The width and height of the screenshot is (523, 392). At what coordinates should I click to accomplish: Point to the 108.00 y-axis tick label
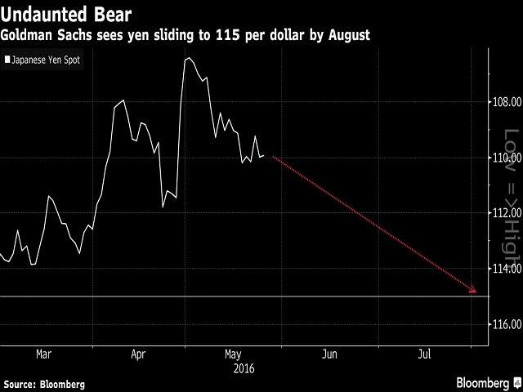tap(507, 103)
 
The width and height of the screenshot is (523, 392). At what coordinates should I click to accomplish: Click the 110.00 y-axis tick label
tap(507, 158)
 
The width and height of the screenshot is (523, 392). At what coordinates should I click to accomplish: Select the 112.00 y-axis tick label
tap(507, 214)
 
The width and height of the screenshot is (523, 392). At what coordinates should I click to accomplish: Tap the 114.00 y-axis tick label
tap(507, 269)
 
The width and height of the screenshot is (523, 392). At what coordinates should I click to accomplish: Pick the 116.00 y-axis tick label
tap(507, 325)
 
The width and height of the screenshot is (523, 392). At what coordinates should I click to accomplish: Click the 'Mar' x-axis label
tap(44, 355)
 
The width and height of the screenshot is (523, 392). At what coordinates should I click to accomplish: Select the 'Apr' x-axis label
tap(138, 355)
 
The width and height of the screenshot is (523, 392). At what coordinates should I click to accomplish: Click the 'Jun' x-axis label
tap(329, 355)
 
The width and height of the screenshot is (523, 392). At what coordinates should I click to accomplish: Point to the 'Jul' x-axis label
tap(424, 355)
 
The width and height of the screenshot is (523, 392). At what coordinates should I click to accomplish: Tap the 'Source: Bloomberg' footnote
tap(45, 383)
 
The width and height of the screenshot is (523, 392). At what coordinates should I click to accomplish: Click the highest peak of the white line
tap(189, 59)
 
